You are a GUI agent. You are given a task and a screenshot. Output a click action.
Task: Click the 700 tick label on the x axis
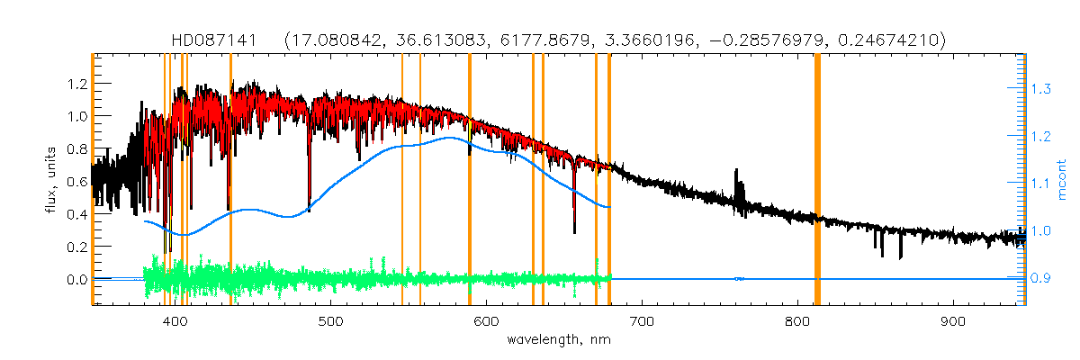tap(642, 322)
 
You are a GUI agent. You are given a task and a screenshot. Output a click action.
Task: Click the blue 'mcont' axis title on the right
tap(1063, 180)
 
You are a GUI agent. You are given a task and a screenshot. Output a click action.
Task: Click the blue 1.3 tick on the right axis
tap(1040, 89)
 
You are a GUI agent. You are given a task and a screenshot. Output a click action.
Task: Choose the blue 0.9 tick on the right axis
tap(1040, 279)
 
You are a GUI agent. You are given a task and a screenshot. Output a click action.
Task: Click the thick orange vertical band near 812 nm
tap(817, 180)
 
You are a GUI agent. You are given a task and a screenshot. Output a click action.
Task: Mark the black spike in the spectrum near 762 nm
tap(738, 175)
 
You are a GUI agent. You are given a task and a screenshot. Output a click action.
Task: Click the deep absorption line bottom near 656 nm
tap(574, 231)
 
